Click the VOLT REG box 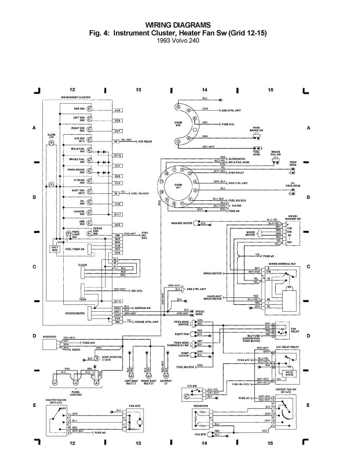point(55,249)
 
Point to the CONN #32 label point(177,123)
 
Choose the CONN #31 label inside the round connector point(177,186)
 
